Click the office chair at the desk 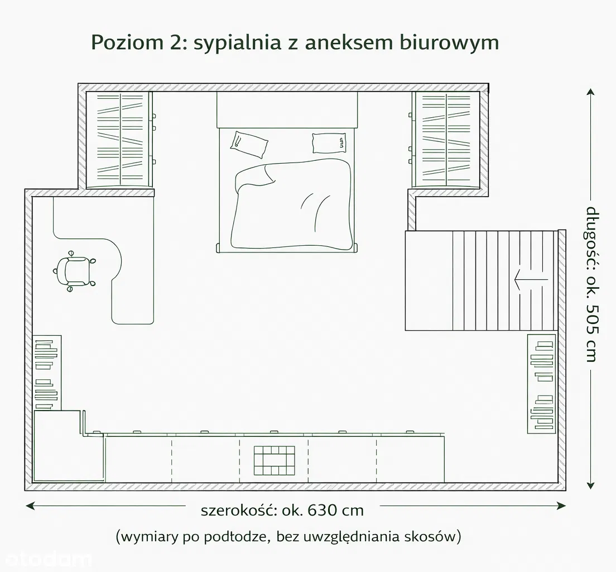(75, 271)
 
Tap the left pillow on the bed (249, 144)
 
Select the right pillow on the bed (330, 143)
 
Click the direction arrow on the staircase (531, 280)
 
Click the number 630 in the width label (323, 511)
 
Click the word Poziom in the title (127, 42)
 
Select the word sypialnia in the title (238, 43)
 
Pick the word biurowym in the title (449, 43)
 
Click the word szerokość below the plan (239, 511)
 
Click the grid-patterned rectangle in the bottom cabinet (274, 460)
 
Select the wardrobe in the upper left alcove (119, 140)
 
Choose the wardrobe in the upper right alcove (446, 140)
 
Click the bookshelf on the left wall (47, 373)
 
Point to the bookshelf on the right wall (541, 384)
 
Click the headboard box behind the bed (287, 109)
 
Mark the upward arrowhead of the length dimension (590, 92)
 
